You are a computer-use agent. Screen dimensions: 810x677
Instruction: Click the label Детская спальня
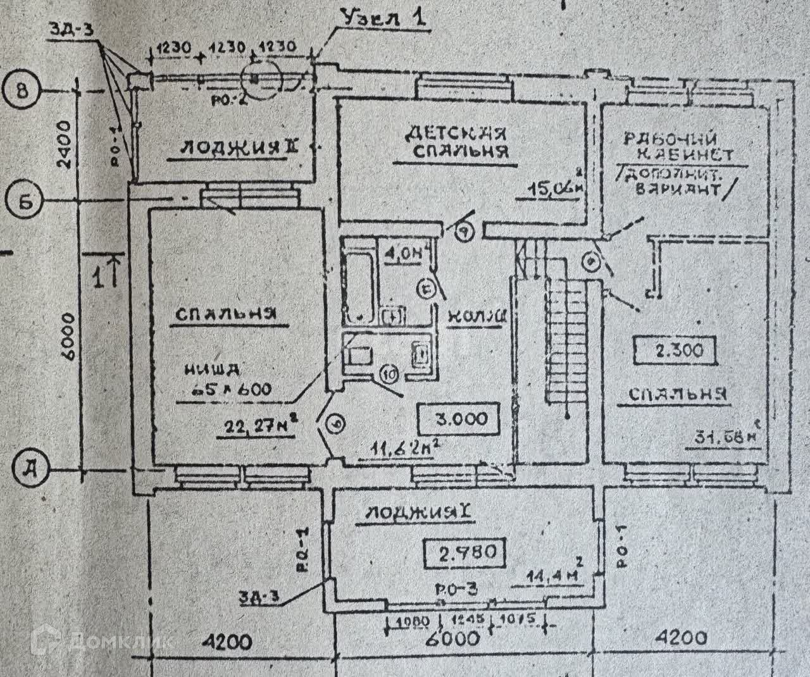tap(456, 142)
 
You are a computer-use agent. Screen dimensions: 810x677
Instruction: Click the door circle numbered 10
tap(388, 375)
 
